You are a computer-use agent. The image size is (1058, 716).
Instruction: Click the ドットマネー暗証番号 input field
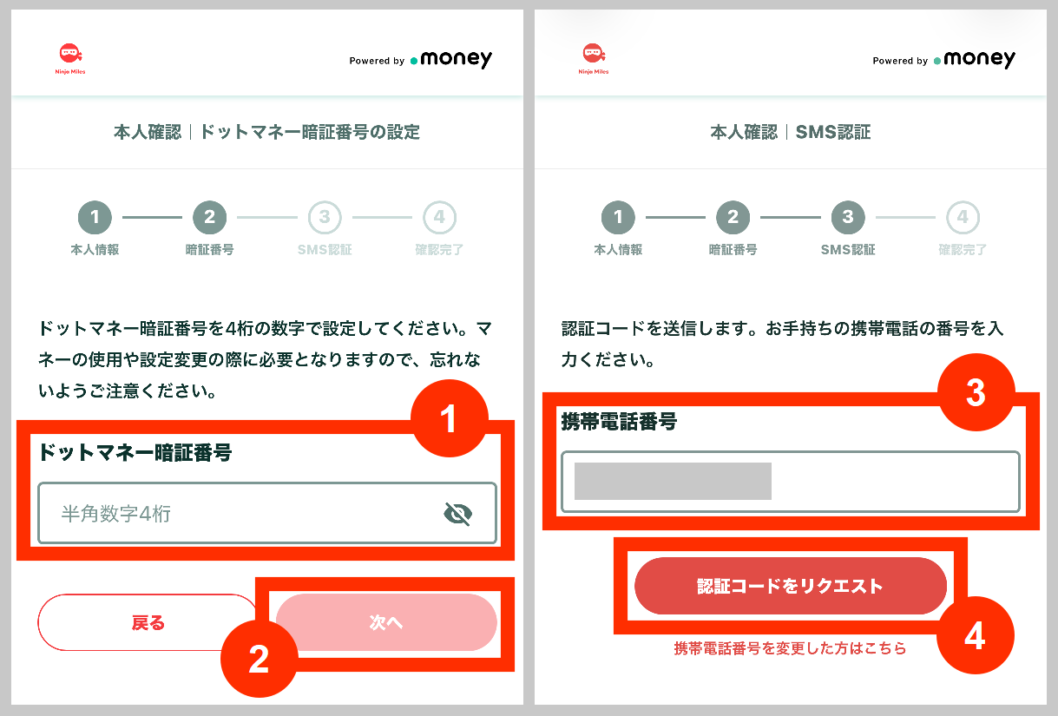(x=243, y=514)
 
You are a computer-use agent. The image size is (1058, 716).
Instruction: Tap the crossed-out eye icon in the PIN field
(x=457, y=515)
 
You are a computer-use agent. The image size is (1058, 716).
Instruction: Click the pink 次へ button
(x=386, y=622)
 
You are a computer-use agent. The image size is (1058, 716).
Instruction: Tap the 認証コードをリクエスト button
(x=790, y=586)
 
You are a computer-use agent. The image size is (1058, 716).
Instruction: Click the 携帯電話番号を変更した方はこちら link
(x=790, y=648)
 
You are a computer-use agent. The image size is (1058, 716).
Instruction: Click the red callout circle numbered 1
(x=448, y=419)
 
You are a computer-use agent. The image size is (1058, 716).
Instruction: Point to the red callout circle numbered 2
(x=259, y=660)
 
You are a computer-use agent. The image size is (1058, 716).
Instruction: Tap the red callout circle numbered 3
(x=976, y=392)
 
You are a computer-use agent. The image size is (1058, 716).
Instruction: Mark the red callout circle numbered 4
(x=976, y=638)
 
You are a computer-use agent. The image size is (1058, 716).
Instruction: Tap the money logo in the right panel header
(x=974, y=59)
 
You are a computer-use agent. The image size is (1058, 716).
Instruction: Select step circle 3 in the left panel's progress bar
(x=325, y=218)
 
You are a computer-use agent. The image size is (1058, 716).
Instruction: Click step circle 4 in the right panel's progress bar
(x=962, y=218)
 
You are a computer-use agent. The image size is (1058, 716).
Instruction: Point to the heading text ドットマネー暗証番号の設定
(x=310, y=132)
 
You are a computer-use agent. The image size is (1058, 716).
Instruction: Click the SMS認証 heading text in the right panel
(x=833, y=132)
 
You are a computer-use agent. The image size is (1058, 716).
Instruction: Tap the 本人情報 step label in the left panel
(x=95, y=250)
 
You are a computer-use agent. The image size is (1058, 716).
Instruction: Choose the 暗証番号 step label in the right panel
(x=733, y=250)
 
